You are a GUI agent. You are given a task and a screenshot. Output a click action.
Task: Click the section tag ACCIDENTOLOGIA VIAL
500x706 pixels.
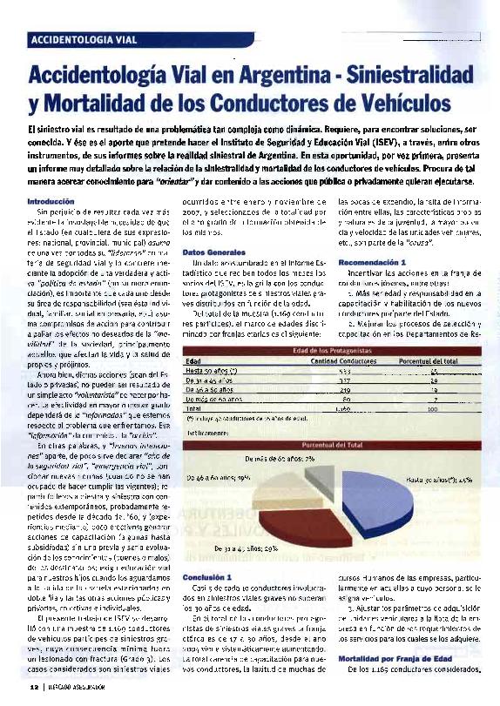pyautogui.click(x=84, y=40)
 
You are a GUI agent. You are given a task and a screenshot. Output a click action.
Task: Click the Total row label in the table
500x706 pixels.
pyautogui.click(x=193, y=407)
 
